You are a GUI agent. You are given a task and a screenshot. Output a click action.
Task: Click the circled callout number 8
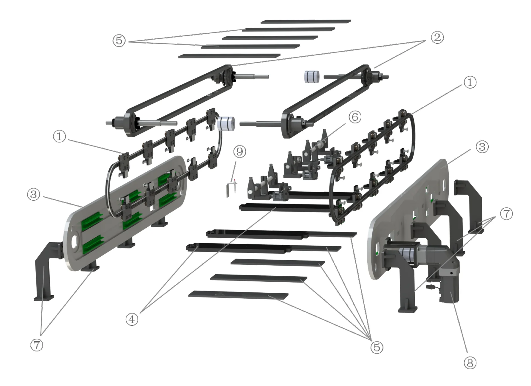pyautogui.click(x=470, y=363)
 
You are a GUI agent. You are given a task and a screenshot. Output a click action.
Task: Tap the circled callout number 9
pyautogui.click(x=240, y=152)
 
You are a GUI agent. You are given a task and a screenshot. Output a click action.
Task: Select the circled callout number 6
pyautogui.click(x=355, y=117)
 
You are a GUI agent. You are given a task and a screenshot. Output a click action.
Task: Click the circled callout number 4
pyautogui.click(x=132, y=319)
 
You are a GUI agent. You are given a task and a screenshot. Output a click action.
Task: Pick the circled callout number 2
pyautogui.click(x=437, y=38)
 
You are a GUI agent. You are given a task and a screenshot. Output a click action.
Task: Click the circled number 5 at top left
pyautogui.click(x=119, y=40)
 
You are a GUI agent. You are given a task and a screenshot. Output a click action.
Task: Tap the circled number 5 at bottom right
pyautogui.click(x=377, y=347)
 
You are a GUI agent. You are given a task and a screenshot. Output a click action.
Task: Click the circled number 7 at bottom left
pyautogui.click(x=37, y=345)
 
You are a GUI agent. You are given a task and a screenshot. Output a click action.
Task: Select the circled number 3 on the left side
pyautogui.click(x=33, y=194)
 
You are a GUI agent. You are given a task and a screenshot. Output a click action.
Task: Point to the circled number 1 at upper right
pyautogui.click(x=470, y=82)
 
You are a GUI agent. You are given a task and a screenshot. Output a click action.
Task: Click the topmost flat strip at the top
pyautogui.click(x=306, y=21)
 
